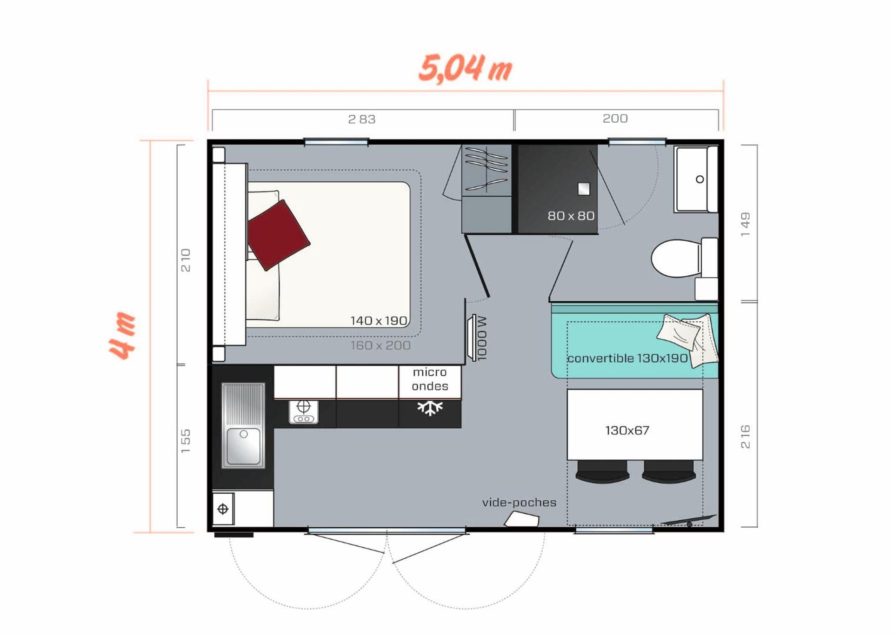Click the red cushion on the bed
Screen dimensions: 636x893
click(x=278, y=235)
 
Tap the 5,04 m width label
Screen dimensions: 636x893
click(x=465, y=68)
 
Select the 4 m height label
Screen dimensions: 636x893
click(x=122, y=336)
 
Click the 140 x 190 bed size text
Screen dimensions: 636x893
click(x=379, y=321)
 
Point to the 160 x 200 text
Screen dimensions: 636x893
click(x=380, y=345)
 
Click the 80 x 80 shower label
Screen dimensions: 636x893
click(x=571, y=216)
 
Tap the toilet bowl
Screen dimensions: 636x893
click(x=675, y=258)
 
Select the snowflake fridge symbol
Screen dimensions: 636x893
click(x=430, y=408)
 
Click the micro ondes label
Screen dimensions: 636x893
click(x=430, y=379)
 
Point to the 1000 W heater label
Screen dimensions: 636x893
click(x=482, y=338)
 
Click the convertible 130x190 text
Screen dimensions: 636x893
click(x=627, y=358)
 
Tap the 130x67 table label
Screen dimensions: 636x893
click(x=627, y=431)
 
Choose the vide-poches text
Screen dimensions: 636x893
click(x=519, y=503)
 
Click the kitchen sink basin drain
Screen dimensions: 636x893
click(x=244, y=434)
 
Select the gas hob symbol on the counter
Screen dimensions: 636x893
click(x=303, y=411)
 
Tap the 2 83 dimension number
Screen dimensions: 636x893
click(x=362, y=119)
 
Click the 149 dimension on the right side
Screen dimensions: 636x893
click(x=745, y=224)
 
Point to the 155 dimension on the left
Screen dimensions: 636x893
click(x=186, y=441)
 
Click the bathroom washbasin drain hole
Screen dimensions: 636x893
click(x=700, y=179)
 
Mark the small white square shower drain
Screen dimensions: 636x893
click(x=584, y=189)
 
